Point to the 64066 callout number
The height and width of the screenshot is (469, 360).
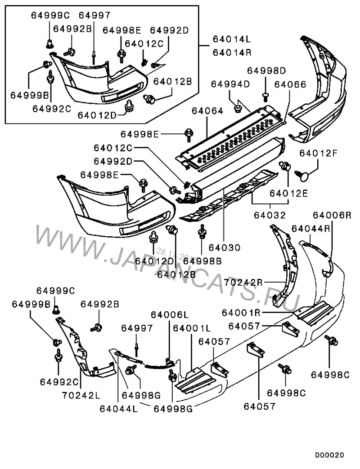290,84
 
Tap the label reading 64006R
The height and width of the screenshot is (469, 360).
332,215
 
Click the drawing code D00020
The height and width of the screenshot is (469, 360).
329,455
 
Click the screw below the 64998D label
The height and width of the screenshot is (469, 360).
265,95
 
